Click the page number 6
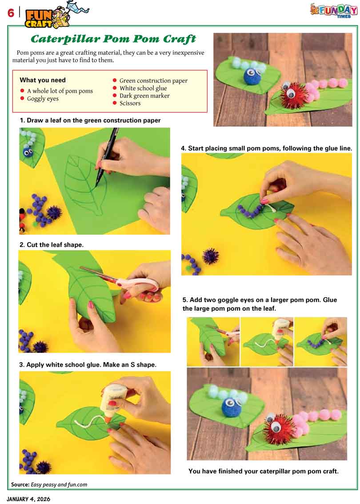[11, 13]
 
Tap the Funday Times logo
[334, 10]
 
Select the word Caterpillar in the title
[65, 39]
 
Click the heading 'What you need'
[42, 80]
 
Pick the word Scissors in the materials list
[130, 103]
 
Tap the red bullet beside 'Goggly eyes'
[22, 98]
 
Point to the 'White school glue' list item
[143, 88]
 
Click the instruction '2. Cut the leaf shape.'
[52, 244]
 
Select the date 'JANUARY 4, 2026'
[28, 499]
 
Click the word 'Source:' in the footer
[20, 484]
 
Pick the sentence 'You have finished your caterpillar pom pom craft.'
[263, 471]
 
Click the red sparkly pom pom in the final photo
[275, 429]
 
